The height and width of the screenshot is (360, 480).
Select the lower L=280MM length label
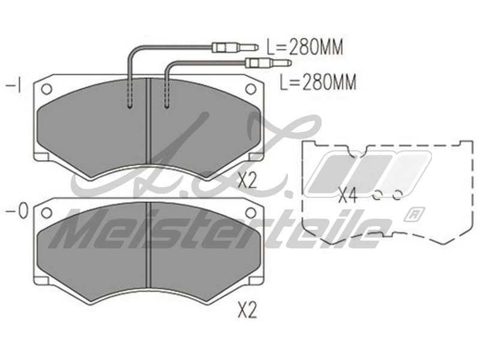click(x=318, y=82)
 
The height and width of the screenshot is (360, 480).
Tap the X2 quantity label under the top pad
click(x=247, y=180)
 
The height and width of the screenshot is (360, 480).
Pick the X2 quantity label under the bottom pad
click(x=247, y=310)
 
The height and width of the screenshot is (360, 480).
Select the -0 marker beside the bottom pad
click(x=15, y=212)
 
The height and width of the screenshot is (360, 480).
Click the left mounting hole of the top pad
click(x=46, y=88)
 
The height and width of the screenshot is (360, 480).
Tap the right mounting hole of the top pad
click(x=251, y=88)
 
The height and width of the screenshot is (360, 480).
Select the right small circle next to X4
click(x=397, y=195)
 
